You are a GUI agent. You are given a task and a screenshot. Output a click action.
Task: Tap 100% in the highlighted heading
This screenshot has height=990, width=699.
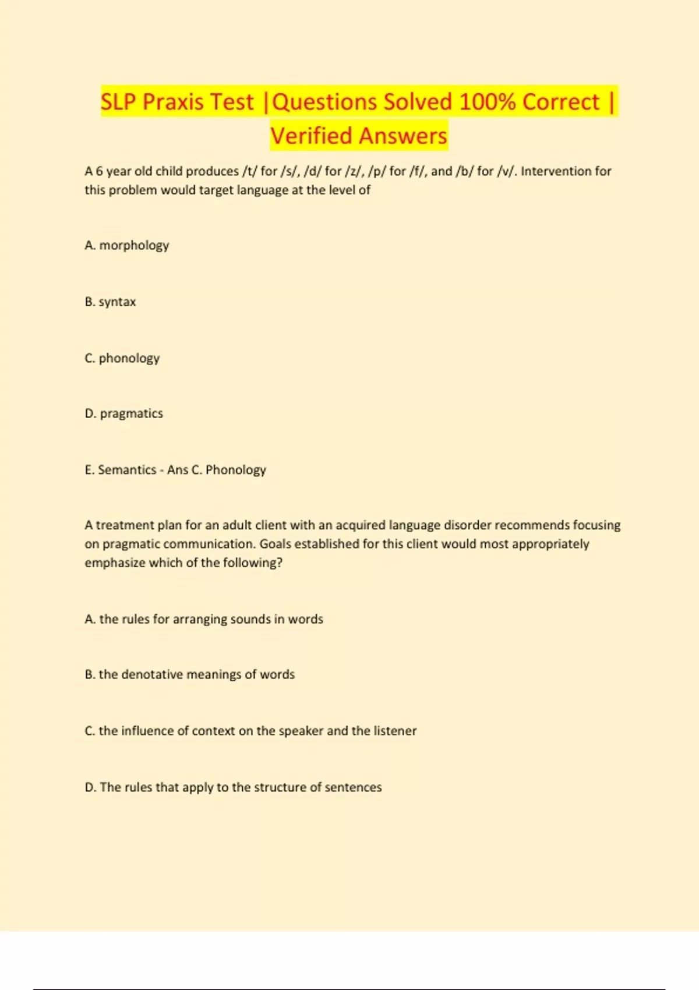487,102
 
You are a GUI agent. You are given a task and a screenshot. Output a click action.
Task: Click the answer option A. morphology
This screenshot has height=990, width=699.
127,245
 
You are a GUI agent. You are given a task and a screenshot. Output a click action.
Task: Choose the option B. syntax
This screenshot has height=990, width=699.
110,302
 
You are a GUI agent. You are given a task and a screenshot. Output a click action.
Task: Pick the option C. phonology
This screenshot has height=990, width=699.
122,358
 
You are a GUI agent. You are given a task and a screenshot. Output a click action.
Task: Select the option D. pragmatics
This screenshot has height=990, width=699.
124,413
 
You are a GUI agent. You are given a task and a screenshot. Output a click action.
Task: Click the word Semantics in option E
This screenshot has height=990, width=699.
127,470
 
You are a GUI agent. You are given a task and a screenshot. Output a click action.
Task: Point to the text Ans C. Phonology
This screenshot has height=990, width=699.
217,470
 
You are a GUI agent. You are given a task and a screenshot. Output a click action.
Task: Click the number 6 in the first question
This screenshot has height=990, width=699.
99,171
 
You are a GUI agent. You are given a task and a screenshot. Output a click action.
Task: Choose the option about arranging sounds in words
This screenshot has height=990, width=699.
204,619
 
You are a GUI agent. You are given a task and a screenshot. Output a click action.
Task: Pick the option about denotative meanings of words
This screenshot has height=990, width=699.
190,674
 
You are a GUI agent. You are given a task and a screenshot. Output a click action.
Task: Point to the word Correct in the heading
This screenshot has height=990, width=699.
560,102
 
